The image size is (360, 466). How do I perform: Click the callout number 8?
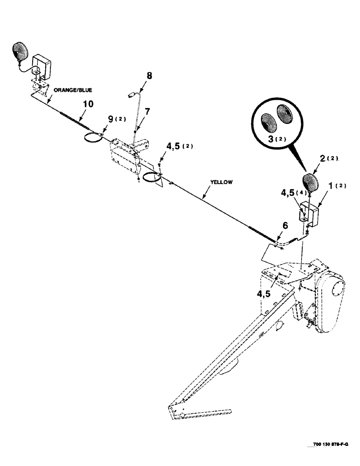(x=149, y=75)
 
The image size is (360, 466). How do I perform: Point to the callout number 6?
(x=285, y=226)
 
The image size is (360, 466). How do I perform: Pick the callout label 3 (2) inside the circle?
(x=270, y=138)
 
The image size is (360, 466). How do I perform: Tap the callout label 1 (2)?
(x=334, y=186)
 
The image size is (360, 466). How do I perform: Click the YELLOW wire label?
(x=222, y=183)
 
